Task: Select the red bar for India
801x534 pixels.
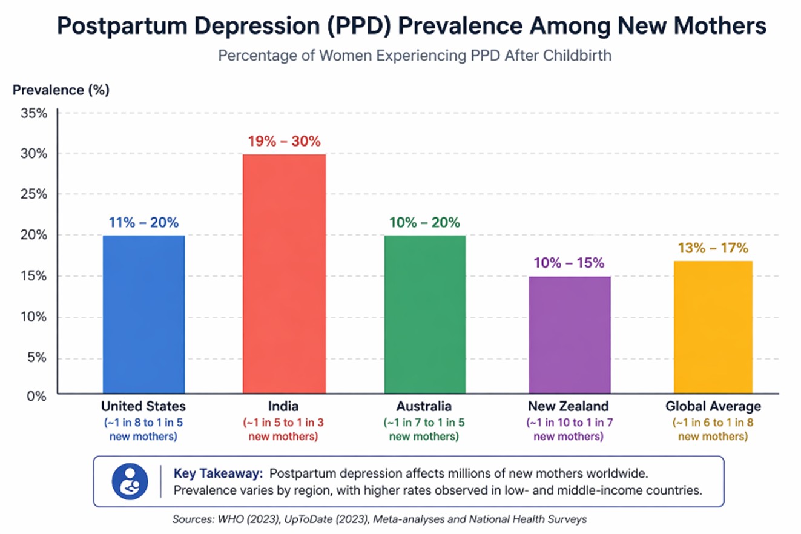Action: [283, 274]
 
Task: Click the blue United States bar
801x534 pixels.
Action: [143, 314]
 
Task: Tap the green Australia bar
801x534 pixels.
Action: [424, 314]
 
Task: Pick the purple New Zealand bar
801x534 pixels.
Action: [569, 335]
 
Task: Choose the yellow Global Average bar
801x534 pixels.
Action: [713, 327]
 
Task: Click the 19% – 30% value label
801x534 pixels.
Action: [284, 142]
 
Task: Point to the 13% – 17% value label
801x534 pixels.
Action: [713, 248]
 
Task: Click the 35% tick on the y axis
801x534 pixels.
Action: [34, 113]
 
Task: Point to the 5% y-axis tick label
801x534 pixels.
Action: [37, 357]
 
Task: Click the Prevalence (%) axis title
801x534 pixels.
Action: [61, 91]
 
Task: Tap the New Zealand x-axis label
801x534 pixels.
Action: [569, 406]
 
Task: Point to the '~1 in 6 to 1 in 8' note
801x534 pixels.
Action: [713, 422]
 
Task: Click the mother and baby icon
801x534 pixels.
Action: [129, 481]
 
